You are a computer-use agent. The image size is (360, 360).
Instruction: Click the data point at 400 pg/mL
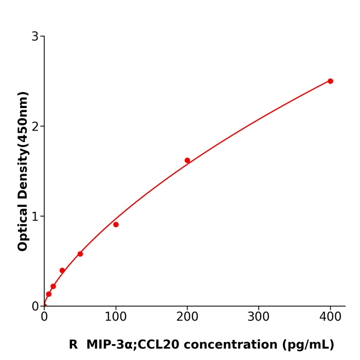click(330, 81)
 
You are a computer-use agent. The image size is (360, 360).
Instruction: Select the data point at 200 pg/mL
click(187, 160)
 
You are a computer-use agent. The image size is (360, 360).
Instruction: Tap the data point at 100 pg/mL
click(116, 225)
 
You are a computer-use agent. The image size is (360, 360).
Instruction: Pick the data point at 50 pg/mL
click(80, 254)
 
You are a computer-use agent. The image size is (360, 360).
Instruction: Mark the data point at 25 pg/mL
click(62, 271)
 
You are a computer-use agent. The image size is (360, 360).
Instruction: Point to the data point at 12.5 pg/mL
click(53, 286)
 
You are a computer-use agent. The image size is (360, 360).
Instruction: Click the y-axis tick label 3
click(35, 37)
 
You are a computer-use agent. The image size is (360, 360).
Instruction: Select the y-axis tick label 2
click(35, 127)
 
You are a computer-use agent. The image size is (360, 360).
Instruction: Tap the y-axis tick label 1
click(35, 217)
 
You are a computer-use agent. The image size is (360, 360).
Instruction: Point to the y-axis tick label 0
click(35, 307)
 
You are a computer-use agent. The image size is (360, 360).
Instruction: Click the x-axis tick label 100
click(116, 317)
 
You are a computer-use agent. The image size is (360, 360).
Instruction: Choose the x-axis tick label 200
click(187, 317)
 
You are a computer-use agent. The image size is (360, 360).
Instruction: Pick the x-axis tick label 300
click(259, 317)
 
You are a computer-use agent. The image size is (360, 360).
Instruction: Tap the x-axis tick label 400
click(330, 317)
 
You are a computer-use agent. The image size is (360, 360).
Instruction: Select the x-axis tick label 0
click(44, 317)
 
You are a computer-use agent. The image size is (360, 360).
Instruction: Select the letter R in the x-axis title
click(73, 345)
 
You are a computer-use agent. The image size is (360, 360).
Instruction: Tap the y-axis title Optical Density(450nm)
click(23, 171)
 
